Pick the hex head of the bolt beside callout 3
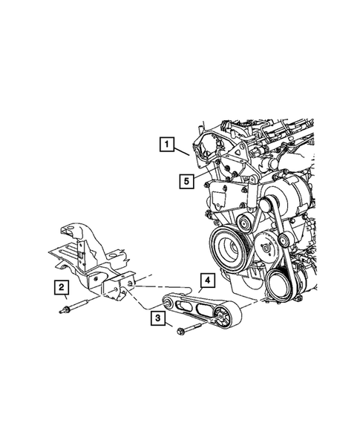(x=181, y=334)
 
